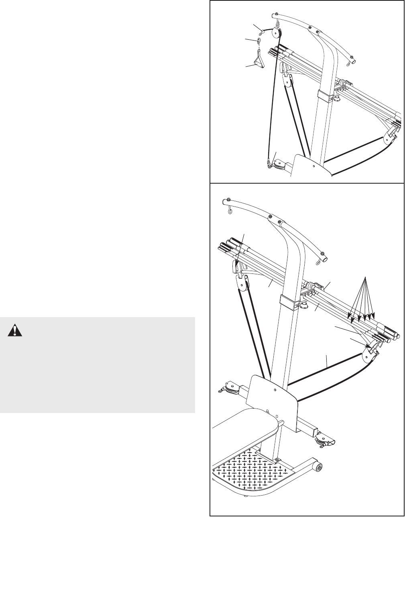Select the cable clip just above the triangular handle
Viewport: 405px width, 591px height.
(x=259, y=41)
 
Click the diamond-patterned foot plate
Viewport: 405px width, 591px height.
(x=245, y=468)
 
